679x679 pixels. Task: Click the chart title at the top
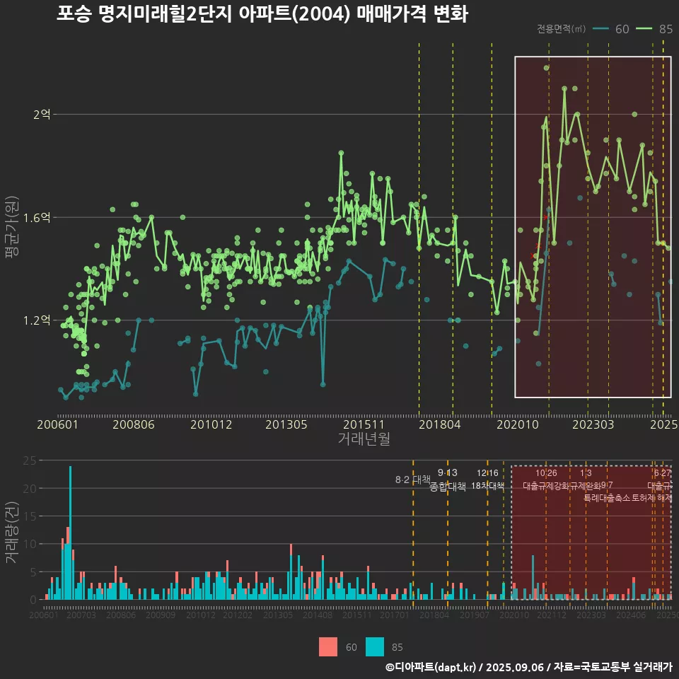click(x=262, y=14)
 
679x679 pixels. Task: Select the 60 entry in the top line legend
click(x=613, y=29)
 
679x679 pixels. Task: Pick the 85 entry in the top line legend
click(x=655, y=29)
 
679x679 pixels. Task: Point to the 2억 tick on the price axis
click(x=42, y=115)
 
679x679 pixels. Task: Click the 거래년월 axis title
click(x=364, y=439)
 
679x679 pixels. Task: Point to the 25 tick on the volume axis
click(x=30, y=460)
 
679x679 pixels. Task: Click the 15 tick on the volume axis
click(x=30, y=516)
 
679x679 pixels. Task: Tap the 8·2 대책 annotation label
click(x=412, y=480)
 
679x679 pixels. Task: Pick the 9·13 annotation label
click(x=447, y=472)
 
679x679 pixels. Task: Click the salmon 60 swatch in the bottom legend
click(x=328, y=646)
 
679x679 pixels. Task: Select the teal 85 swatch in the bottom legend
click(x=375, y=646)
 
